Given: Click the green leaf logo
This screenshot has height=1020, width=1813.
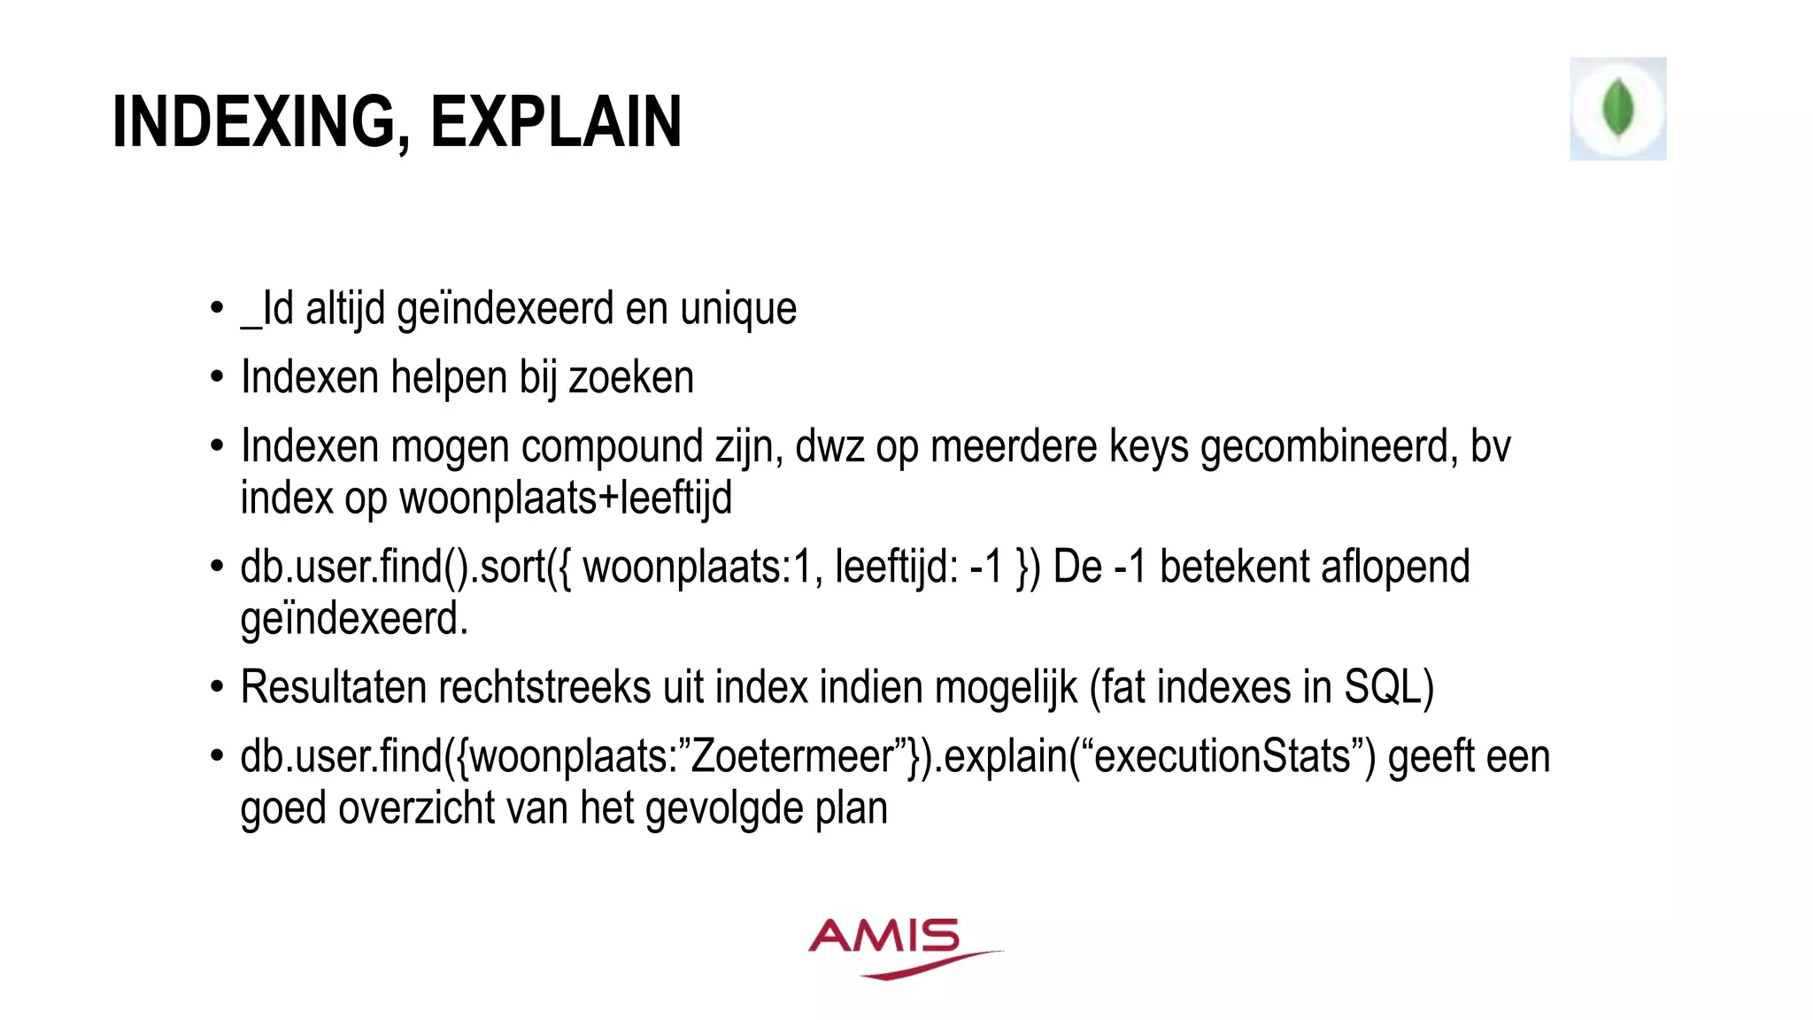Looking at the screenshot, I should click(1617, 108).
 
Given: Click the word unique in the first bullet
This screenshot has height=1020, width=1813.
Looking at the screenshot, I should click(738, 308).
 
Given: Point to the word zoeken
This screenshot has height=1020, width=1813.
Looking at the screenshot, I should click(631, 377).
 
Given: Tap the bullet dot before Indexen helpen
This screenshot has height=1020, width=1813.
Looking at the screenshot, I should click(217, 378).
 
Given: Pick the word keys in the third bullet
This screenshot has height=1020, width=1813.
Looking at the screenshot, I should click(1148, 446).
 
